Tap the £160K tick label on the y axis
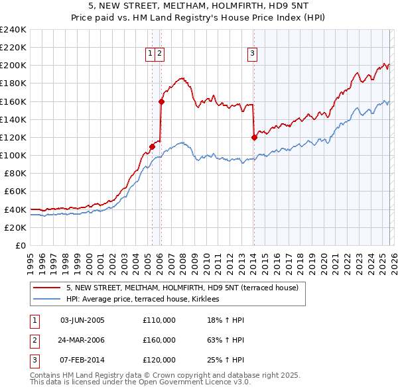pyautogui.click(x=13, y=101)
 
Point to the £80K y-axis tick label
pyautogui.click(x=15, y=173)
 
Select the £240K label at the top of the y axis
pyautogui.click(x=13, y=30)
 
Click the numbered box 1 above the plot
pyautogui.click(x=151, y=54)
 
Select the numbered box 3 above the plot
pyautogui.click(x=253, y=54)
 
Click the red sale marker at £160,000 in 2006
pyautogui.click(x=161, y=101)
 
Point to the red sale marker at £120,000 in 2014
pyautogui.click(x=254, y=137)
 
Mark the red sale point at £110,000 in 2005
pyautogui.click(x=152, y=146)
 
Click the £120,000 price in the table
pyautogui.click(x=159, y=360)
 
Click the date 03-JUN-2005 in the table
pyautogui.click(x=82, y=320)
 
